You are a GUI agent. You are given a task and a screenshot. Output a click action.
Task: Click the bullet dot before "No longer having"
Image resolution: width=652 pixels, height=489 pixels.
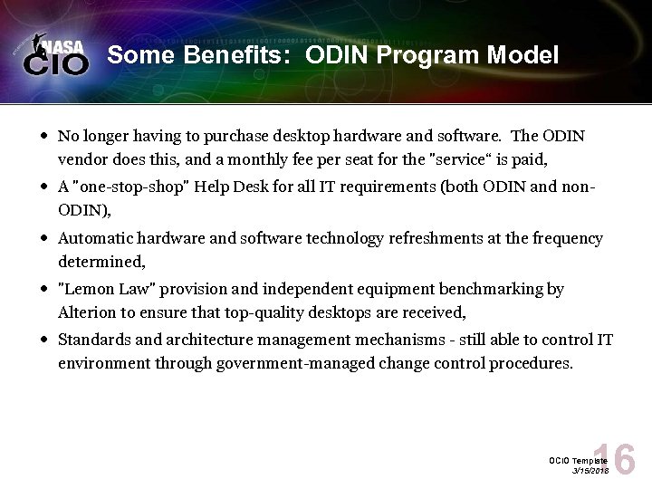tap(43, 137)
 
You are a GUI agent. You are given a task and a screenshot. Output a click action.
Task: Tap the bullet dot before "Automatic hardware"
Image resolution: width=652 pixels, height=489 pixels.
tap(43, 239)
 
